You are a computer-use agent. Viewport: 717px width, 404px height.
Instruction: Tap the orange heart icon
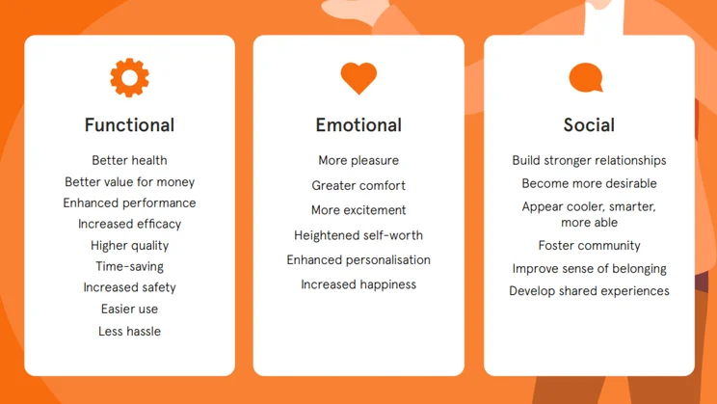tap(358, 78)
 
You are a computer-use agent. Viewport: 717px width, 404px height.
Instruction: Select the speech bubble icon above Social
tap(586, 77)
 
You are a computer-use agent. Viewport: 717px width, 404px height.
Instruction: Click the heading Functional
tap(129, 125)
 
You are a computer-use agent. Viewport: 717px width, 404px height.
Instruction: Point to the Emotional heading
tap(358, 125)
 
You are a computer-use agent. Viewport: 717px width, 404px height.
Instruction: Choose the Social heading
tap(589, 125)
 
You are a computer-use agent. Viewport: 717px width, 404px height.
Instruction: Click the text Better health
tap(129, 160)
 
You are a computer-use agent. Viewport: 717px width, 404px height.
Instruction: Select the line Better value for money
tap(129, 181)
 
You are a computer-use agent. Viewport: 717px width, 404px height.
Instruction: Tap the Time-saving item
tap(129, 266)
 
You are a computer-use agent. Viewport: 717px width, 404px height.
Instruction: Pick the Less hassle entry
tap(129, 331)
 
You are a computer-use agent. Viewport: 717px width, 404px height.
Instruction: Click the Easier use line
tap(129, 309)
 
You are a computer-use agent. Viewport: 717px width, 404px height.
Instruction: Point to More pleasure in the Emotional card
tap(358, 161)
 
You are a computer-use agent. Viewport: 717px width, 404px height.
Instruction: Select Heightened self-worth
tap(358, 235)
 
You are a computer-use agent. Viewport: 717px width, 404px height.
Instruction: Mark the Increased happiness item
tap(358, 284)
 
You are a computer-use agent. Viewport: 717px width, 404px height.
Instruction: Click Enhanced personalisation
tap(358, 260)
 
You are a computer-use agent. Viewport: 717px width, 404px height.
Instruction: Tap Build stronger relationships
tap(589, 161)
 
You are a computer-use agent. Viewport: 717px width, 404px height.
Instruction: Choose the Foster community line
tap(589, 246)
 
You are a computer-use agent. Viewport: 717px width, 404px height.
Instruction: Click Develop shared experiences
tap(589, 291)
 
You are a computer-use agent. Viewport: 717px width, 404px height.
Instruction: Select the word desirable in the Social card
tap(628, 183)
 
